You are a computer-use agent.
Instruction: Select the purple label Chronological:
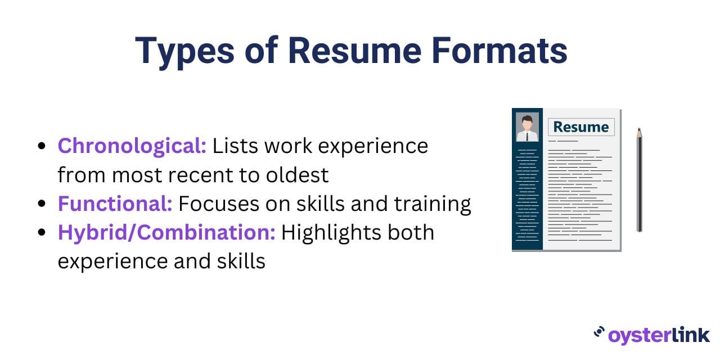pyautogui.click(x=132, y=147)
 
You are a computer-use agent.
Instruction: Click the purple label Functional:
pyautogui.click(x=115, y=204)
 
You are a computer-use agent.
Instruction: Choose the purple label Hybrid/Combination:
pyautogui.click(x=166, y=233)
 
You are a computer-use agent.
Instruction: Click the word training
pyautogui.click(x=433, y=204)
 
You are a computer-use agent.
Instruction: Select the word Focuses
pyautogui.click(x=219, y=204)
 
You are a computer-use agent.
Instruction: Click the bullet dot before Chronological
pyautogui.click(x=42, y=146)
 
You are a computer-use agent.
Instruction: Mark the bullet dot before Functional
pyautogui.click(x=42, y=204)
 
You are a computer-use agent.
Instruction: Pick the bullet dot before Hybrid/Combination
pyautogui.click(x=42, y=232)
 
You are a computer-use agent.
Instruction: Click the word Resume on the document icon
pyautogui.click(x=581, y=127)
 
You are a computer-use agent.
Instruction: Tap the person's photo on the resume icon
pyautogui.click(x=527, y=127)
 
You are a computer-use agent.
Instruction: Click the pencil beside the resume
pyautogui.click(x=640, y=179)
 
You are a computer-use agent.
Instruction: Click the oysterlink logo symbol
pyautogui.click(x=599, y=332)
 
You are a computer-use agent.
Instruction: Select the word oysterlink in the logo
pyautogui.click(x=659, y=336)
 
